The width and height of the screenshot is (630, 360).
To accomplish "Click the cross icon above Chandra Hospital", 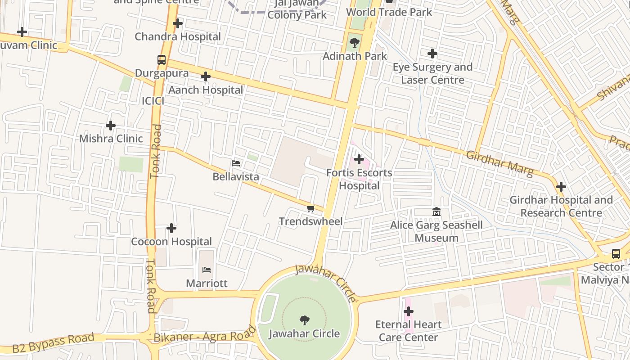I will pos(178,23).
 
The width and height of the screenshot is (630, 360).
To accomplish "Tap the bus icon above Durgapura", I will pos(162,59).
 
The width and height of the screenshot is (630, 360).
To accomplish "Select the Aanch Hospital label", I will pos(206,90).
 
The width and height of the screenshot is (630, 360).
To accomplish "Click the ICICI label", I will pos(153,101).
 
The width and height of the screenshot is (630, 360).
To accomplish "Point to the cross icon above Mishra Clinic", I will pos(111,125).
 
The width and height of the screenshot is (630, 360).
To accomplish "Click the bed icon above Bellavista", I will pos(236,163).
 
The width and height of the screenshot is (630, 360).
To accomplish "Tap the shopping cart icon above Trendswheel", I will pos(310,208).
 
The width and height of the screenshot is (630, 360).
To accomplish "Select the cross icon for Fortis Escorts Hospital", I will pos(359,159).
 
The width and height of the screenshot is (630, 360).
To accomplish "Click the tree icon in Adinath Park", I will pos(355,43).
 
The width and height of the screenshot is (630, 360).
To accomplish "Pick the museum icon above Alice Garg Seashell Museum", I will pos(436,211).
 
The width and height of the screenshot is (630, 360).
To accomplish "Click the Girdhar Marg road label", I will pos(499,163).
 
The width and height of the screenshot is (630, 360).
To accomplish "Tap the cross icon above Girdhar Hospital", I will pos(561,186).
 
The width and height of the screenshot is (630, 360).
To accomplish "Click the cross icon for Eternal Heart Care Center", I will pos(409,311).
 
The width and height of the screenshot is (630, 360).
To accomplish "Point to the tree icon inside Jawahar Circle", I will pos(305,320).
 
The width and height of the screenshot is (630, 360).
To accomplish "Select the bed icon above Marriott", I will pos(207,270).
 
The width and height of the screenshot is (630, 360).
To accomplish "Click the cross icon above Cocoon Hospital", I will pos(171,228).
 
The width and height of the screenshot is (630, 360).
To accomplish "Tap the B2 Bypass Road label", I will pos(53,343).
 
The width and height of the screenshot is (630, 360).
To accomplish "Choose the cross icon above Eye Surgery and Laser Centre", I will pos(432,54).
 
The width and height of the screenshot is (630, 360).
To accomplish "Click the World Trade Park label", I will pos(389,12).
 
